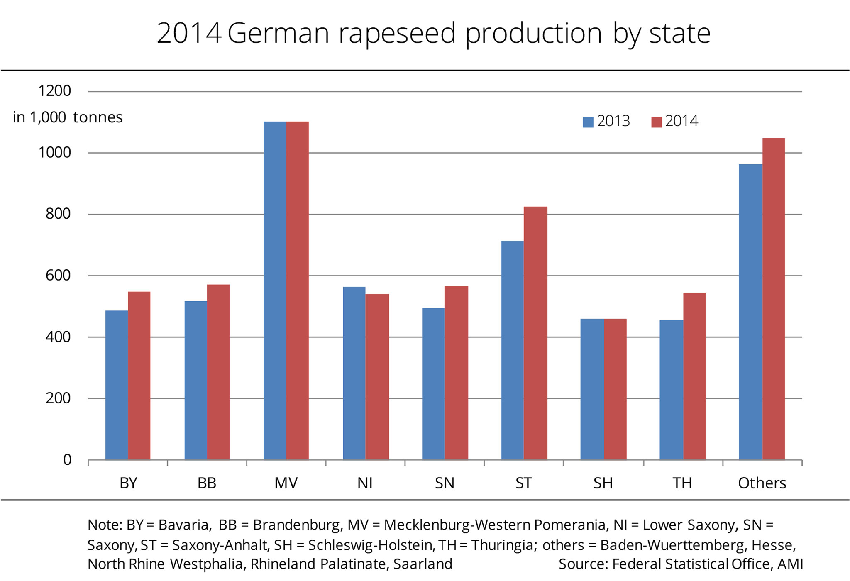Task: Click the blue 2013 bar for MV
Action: click(x=275, y=290)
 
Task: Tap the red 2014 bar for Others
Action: click(x=774, y=299)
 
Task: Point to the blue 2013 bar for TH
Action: click(x=671, y=390)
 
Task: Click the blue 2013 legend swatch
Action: click(x=588, y=122)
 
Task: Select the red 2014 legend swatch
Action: click(x=656, y=122)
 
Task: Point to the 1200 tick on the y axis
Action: click(x=54, y=91)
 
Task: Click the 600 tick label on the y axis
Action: click(x=58, y=275)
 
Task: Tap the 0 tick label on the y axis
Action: click(x=67, y=460)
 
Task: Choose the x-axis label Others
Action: click(x=762, y=483)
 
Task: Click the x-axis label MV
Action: click(x=286, y=483)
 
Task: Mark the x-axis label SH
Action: click(x=603, y=483)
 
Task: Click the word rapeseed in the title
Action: click(x=397, y=33)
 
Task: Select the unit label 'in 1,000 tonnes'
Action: click(x=68, y=117)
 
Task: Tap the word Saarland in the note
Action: click(x=423, y=564)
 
